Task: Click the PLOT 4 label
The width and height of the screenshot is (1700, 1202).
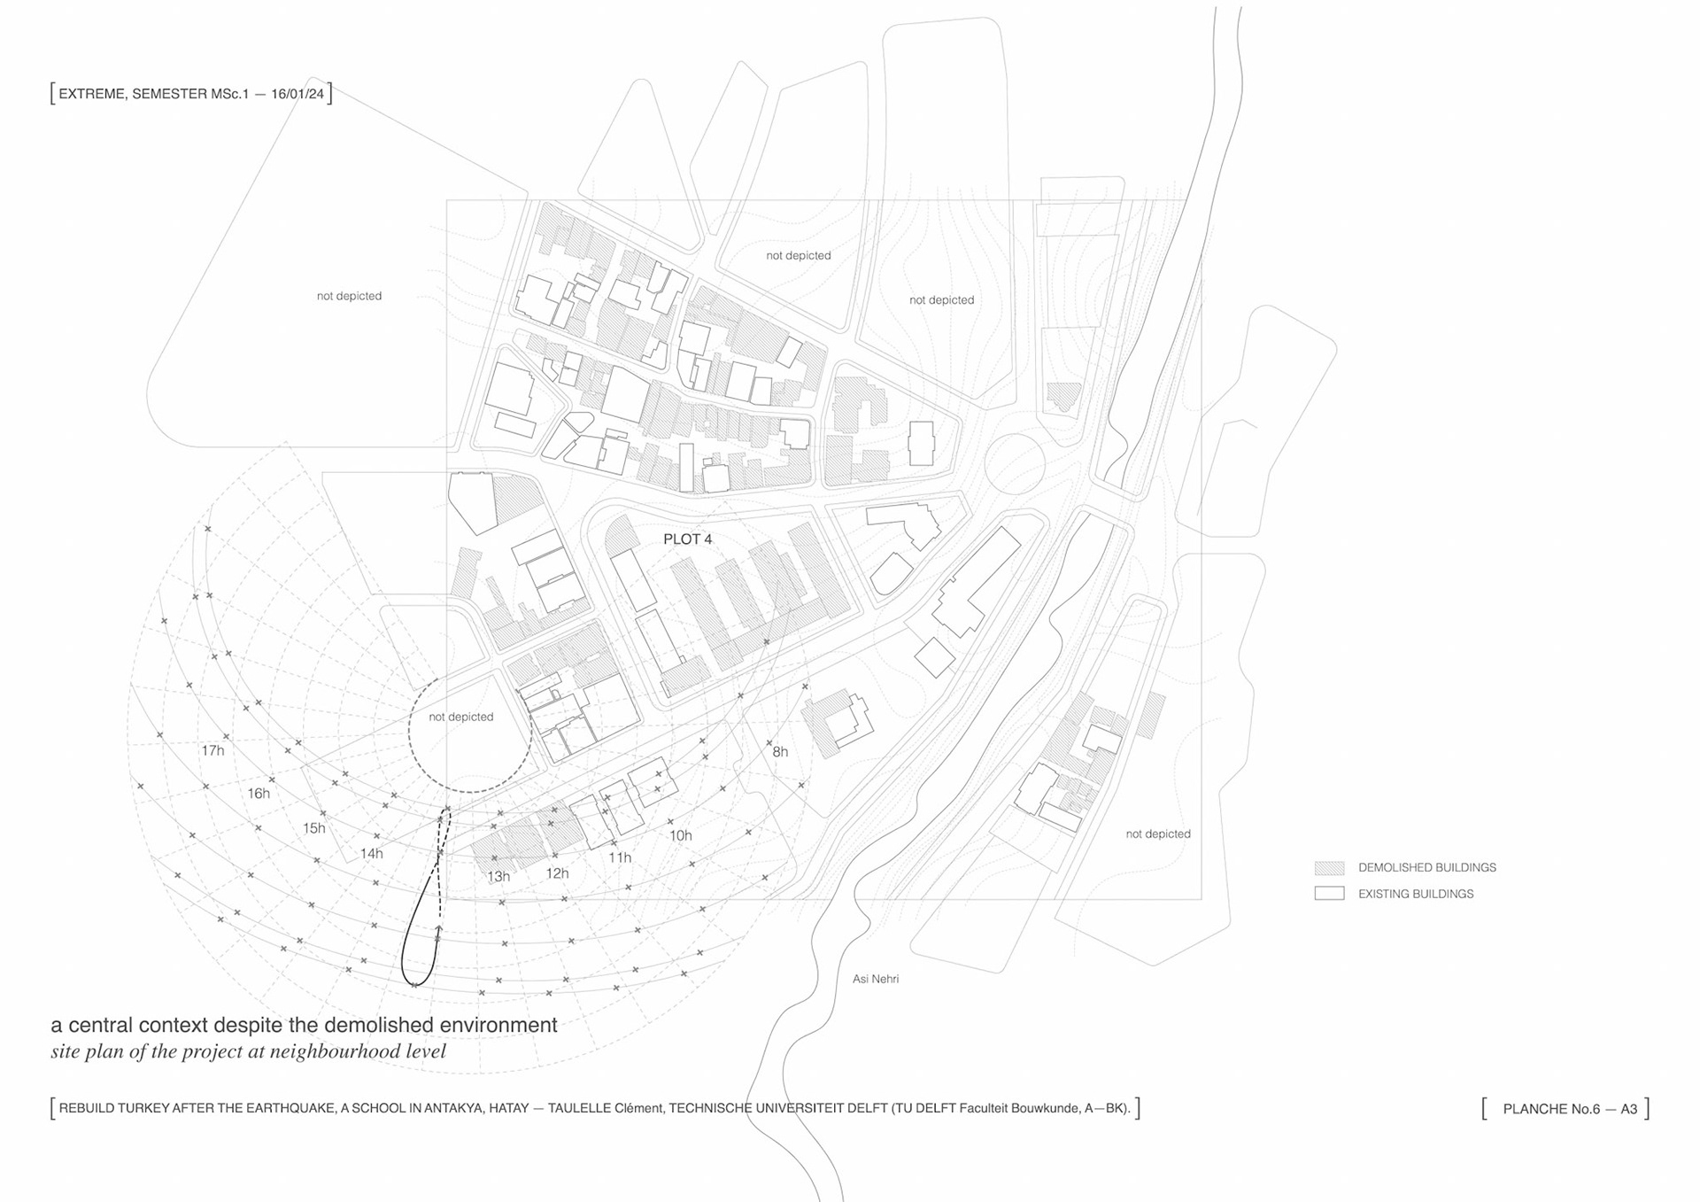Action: click(x=687, y=539)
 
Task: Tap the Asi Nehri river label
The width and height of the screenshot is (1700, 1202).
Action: click(x=875, y=979)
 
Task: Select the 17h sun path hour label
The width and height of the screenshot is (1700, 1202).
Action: click(x=212, y=750)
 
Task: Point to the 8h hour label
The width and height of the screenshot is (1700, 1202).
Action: click(x=780, y=752)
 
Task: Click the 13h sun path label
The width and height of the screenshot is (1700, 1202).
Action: click(x=498, y=876)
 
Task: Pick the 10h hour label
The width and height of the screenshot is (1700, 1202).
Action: click(x=680, y=835)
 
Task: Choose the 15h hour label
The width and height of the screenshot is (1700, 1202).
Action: click(x=314, y=828)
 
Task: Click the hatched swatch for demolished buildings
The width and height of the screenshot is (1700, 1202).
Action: click(x=1329, y=868)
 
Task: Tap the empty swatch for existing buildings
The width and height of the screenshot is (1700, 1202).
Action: click(x=1329, y=894)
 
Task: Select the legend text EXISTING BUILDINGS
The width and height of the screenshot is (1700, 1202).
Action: click(x=1416, y=894)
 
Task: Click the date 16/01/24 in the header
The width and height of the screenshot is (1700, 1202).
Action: click(x=297, y=94)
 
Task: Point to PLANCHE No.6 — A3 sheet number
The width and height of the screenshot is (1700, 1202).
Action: click(x=1570, y=1109)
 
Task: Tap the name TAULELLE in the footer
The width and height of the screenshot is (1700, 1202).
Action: click(x=579, y=1108)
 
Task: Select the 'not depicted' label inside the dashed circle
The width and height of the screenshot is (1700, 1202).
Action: click(x=461, y=717)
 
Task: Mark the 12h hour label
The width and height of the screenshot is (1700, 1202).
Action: click(x=557, y=873)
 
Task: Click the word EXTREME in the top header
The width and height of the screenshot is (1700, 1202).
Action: click(x=92, y=94)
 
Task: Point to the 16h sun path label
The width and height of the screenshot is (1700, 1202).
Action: click(x=259, y=793)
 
